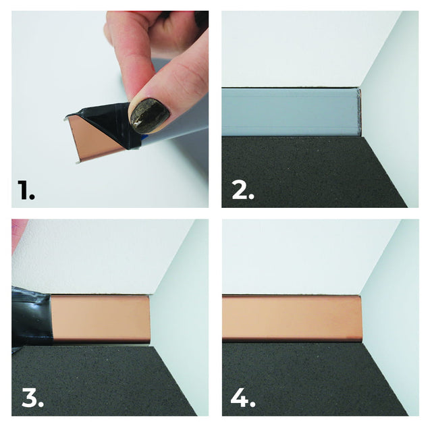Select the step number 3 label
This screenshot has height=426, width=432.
(x=33, y=398)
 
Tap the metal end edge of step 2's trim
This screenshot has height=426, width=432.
(x=360, y=111)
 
